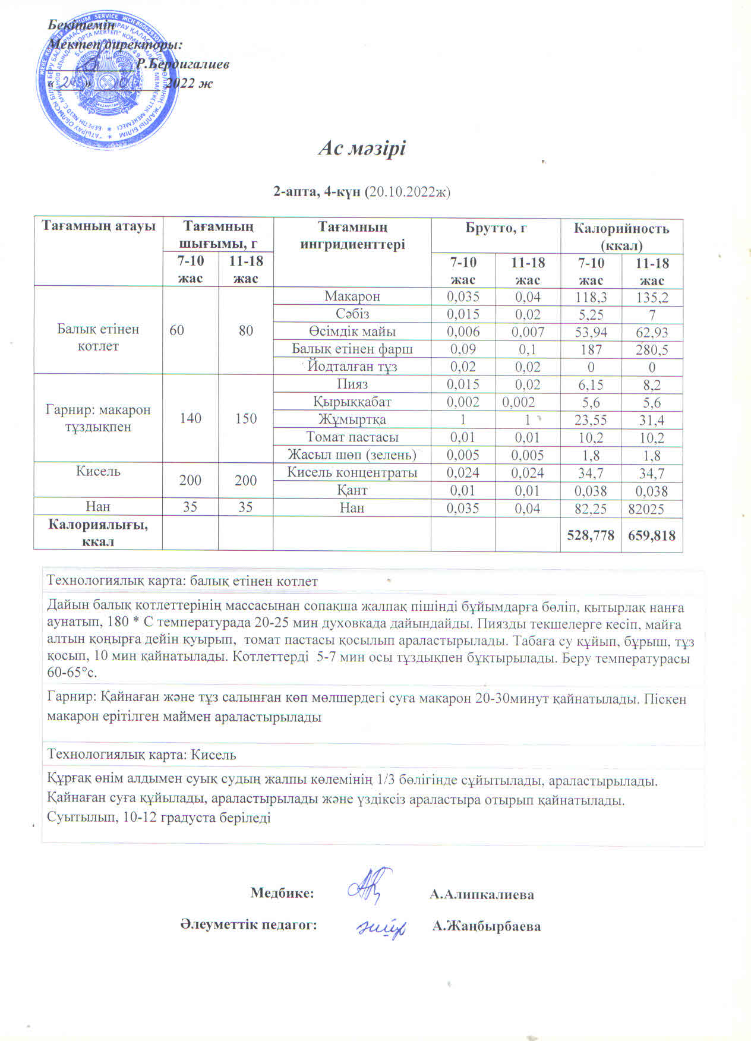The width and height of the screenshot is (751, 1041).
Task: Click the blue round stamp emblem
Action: point(109,79)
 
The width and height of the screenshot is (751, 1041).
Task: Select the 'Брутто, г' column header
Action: point(496,228)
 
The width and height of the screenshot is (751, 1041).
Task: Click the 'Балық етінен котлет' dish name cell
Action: point(98,337)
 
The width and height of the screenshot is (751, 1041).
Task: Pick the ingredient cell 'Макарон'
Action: point(352,296)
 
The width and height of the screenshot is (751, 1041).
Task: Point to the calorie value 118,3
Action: point(591,297)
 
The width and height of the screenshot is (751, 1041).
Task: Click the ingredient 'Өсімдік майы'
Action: point(352,332)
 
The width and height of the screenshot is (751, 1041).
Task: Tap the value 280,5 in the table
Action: point(652,350)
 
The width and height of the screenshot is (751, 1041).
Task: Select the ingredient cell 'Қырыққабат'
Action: point(352,402)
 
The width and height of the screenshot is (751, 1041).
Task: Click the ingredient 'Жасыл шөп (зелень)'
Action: point(352,455)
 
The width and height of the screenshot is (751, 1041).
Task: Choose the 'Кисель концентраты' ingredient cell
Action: point(352,472)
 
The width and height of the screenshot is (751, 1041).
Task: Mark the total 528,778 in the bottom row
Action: point(591,535)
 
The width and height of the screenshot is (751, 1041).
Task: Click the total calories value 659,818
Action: point(652,535)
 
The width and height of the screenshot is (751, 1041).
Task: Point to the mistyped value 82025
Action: point(652,509)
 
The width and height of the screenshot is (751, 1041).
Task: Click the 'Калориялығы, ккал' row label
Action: point(98,532)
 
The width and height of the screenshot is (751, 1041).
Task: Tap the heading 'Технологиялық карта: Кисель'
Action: point(141,755)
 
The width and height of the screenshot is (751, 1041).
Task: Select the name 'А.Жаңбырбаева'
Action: point(487,926)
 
